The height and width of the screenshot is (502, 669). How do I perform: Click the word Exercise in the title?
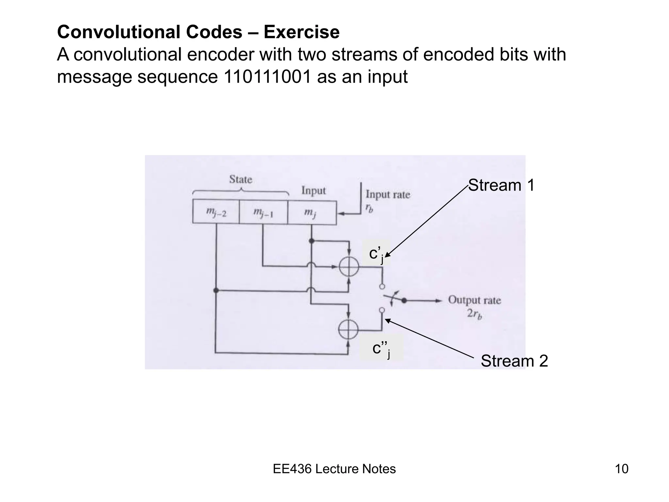click(x=302, y=32)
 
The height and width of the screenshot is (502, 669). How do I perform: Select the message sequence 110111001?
click(x=267, y=77)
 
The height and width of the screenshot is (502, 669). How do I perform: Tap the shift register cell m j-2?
click(x=216, y=212)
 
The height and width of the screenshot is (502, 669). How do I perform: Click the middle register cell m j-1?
click(x=263, y=212)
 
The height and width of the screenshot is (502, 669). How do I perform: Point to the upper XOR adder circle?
click(x=349, y=267)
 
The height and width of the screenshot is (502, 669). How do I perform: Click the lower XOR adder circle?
click(x=348, y=329)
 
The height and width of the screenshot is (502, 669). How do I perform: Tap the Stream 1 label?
click(x=501, y=185)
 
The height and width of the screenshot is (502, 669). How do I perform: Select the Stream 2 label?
click(x=514, y=361)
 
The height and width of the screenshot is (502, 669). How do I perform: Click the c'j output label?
click(x=376, y=254)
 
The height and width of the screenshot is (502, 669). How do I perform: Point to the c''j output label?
click(x=381, y=348)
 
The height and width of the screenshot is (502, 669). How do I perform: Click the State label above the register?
click(x=241, y=179)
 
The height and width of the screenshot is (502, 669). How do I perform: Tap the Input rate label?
click(x=388, y=194)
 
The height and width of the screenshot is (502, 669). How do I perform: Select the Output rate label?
click(x=474, y=300)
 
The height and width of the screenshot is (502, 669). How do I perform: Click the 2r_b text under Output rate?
click(x=474, y=314)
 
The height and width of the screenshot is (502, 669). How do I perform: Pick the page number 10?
click(x=622, y=469)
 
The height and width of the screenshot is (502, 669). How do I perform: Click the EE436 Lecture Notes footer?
click(x=334, y=469)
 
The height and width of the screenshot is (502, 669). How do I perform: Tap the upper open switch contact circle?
click(x=382, y=287)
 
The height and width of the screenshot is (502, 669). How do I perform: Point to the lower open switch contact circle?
click(x=382, y=310)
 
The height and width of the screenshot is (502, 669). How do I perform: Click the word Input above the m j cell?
click(x=313, y=191)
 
